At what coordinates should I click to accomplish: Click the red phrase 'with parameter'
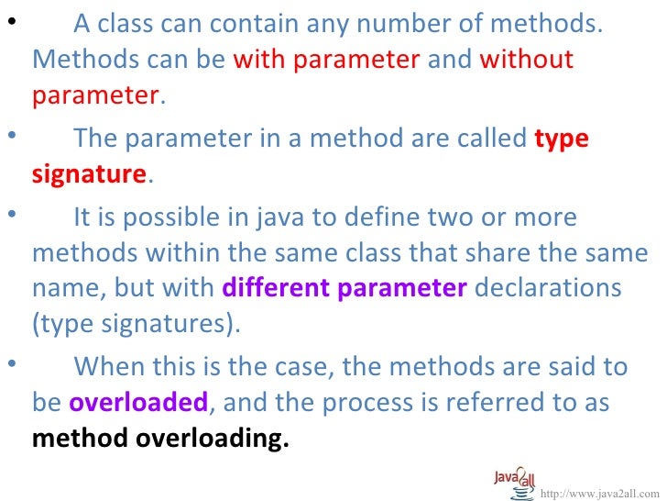coord(326,61)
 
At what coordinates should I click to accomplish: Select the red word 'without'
coord(527,61)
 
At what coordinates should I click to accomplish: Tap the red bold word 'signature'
coord(89,174)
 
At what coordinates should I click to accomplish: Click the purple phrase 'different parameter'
coord(344,288)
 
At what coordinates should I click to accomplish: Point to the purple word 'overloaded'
coord(139,404)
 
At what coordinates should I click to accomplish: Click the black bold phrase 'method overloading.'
coord(160,438)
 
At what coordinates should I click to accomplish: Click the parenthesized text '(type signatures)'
coord(137,323)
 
